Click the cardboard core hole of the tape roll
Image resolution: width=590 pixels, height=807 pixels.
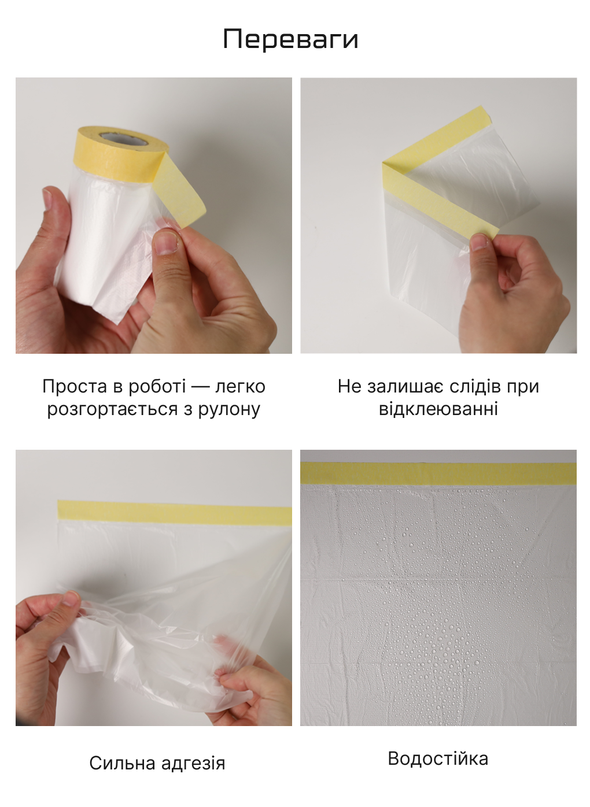[124, 138]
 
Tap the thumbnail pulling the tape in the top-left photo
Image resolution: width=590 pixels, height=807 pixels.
[166, 244]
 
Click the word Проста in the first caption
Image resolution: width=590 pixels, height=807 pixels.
[75, 387]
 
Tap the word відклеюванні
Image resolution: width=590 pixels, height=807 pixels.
[438, 409]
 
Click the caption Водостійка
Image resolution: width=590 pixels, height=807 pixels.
[438, 758]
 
